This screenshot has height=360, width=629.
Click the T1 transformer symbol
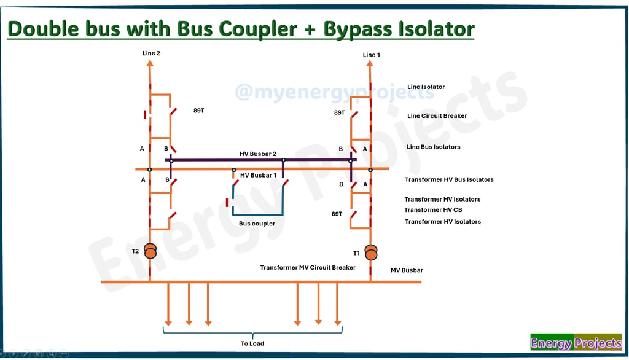[x=371, y=252]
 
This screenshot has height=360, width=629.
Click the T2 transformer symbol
[x=150, y=251]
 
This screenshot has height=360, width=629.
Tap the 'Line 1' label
[x=372, y=55]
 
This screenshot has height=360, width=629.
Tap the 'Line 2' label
[x=151, y=53]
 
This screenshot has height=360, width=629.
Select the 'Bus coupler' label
[x=257, y=224]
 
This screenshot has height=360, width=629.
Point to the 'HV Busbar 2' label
[x=258, y=154]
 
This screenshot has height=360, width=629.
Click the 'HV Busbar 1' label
[x=259, y=175]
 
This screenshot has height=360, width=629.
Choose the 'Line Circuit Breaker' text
[x=437, y=116]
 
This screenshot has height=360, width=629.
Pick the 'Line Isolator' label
[x=426, y=87]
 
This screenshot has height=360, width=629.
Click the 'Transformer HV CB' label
[x=433, y=210]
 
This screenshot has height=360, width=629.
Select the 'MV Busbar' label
[x=407, y=270]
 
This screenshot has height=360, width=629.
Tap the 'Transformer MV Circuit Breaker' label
[x=308, y=268]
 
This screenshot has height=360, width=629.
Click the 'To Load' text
[x=252, y=343]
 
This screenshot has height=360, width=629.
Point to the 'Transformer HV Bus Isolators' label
[x=449, y=180]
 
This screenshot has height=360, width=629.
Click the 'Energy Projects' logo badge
[x=576, y=343]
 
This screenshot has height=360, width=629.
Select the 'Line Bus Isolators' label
[x=433, y=147]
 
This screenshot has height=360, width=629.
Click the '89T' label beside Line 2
[x=198, y=111]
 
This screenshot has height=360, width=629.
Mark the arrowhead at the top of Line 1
[x=370, y=65]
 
